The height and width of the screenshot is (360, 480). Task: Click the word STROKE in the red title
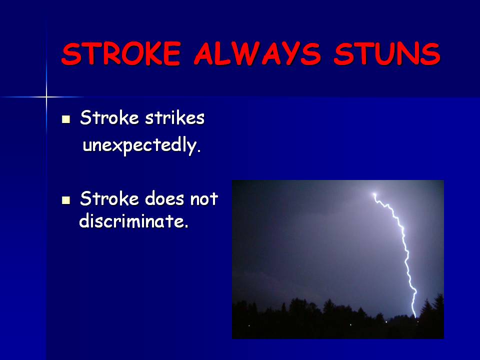[121, 54]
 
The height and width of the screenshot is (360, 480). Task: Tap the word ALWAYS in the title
[257, 54]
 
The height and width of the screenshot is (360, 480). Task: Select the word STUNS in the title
[387, 54]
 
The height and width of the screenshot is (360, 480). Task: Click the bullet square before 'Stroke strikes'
[66, 119]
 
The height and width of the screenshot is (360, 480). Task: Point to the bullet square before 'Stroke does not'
[66, 200]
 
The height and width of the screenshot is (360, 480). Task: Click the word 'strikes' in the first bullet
[174, 118]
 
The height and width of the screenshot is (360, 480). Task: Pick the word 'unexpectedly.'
[141, 145]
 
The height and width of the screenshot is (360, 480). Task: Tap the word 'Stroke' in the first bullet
[109, 118]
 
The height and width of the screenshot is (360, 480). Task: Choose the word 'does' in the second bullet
[164, 198]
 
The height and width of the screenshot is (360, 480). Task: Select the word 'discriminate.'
[134, 220]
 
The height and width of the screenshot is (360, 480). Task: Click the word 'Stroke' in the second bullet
[109, 198]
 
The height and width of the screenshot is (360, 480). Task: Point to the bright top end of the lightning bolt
[374, 194]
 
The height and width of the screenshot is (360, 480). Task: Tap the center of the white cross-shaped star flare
[46, 97]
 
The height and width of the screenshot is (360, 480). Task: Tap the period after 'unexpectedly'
[199, 151]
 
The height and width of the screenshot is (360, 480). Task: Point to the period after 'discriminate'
[186, 226]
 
